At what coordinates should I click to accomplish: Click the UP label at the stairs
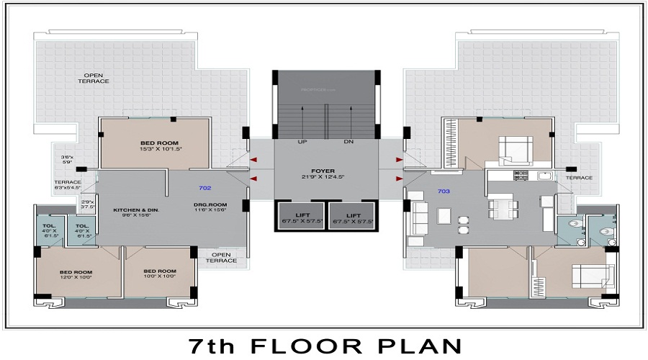302,142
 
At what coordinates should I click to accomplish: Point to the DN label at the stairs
348,142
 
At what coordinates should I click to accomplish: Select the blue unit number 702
204,188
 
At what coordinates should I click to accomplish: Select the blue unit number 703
444,191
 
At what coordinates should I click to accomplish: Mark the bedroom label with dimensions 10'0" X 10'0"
159,274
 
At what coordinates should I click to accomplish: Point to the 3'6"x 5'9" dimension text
68,160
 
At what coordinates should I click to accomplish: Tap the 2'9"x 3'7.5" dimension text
88,204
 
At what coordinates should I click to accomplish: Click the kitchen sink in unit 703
544,175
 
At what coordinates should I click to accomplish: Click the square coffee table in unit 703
444,215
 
